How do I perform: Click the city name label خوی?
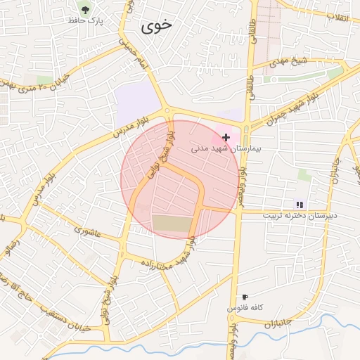click(x=156, y=26)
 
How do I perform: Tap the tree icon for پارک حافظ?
click(x=85, y=10)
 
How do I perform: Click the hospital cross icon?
click(x=225, y=137)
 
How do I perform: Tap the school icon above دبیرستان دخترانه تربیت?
click(x=300, y=204)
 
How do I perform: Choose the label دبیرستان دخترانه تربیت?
click(x=300, y=215)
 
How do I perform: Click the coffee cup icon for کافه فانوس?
click(x=245, y=297)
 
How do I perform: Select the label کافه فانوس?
click(x=245, y=308)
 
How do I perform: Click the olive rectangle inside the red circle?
click(x=172, y=224)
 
